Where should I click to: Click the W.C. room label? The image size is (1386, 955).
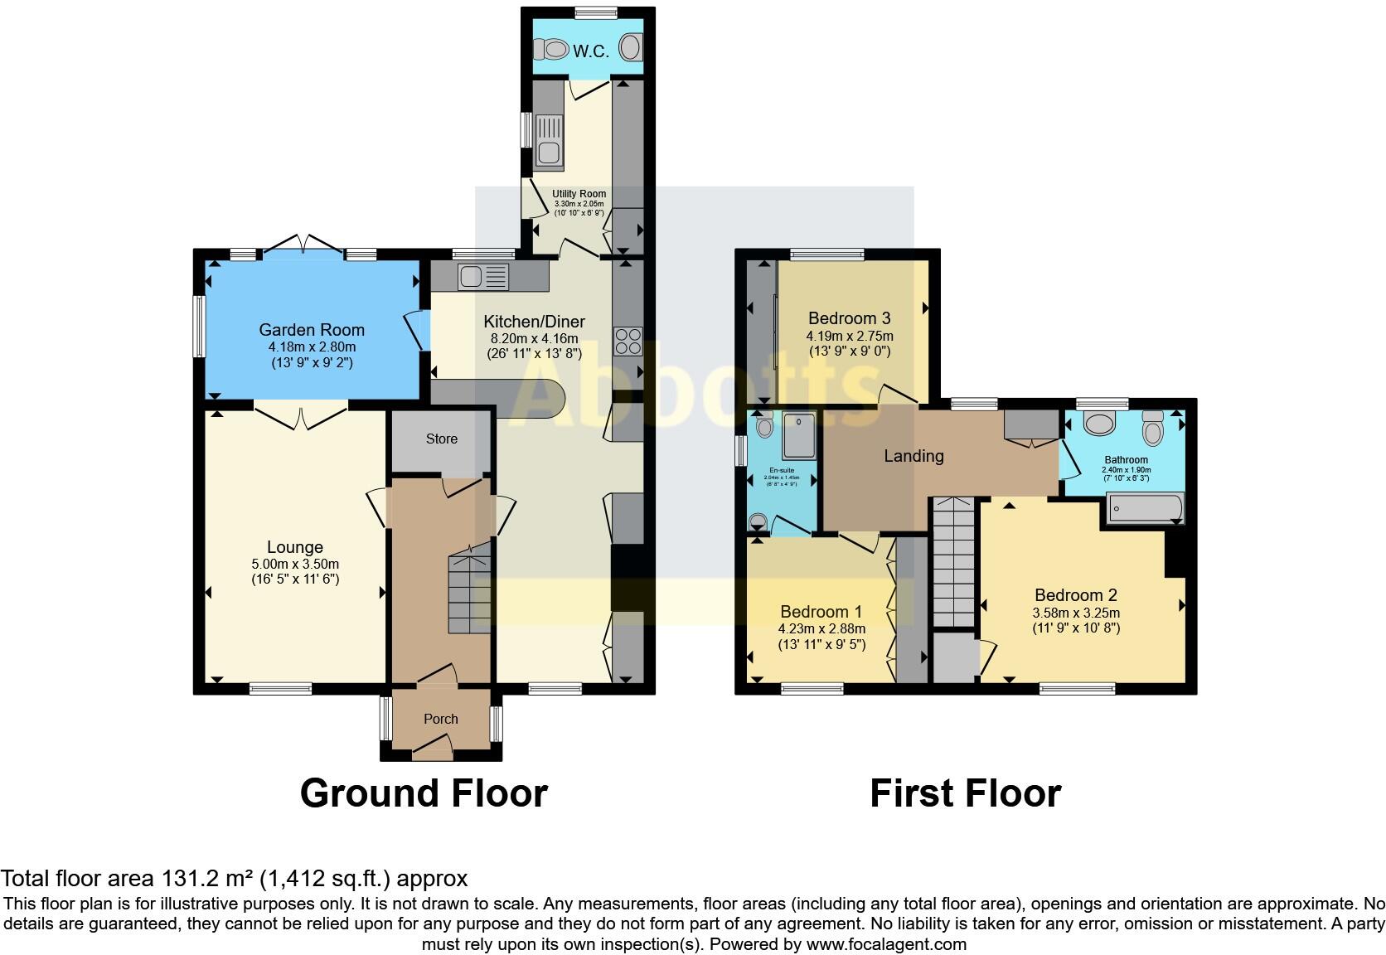(590, 51)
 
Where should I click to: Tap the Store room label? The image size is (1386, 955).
(442, 439)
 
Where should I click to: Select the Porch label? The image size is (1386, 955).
(441, 720)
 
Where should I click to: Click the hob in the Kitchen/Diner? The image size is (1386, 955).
(628, 341)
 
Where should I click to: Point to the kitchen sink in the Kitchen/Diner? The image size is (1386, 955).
(482, 276)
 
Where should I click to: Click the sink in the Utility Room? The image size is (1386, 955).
(549, 142)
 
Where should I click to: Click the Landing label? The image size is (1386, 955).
(913, 456)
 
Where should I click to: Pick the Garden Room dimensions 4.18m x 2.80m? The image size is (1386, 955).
(312, 347)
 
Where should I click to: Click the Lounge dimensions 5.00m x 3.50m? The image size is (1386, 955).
(295, 564)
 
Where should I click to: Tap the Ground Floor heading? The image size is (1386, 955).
(424, 793)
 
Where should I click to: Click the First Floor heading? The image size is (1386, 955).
(965, 793)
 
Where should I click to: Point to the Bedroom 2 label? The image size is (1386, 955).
(1076, 595)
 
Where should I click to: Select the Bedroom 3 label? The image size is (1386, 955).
(850, 318)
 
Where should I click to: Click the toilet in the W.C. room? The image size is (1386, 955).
(550, 50)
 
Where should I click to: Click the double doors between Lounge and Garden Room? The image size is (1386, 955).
(300, 416)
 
